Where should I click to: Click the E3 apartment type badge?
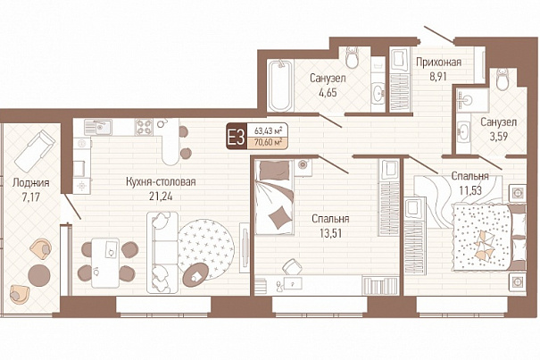(x=237, y=136)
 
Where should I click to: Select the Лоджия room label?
(x=30, y=182)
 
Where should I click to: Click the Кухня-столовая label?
(x=161, y=181)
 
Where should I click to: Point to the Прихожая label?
(x=438, y=63)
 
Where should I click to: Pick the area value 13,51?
(x=330, y=234)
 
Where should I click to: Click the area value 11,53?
(x=469, y=190)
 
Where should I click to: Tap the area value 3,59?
(x=498, y=137)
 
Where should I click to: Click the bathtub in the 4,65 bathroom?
(x=280, y=85)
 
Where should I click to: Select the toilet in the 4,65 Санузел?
(x=352, y=57)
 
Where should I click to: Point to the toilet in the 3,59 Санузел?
(x=503, y=80)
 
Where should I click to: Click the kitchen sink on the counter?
(x=98, y=127)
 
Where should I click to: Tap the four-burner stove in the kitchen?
(x=144, y=127)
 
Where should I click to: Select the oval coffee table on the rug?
(x=195, y=275)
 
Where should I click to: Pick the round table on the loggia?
(x=39, y=275)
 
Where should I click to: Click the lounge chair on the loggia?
(x=35, y=151)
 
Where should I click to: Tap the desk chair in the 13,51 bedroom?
(x=293, y=266)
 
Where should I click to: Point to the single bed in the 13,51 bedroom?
(x=274, y=197)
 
